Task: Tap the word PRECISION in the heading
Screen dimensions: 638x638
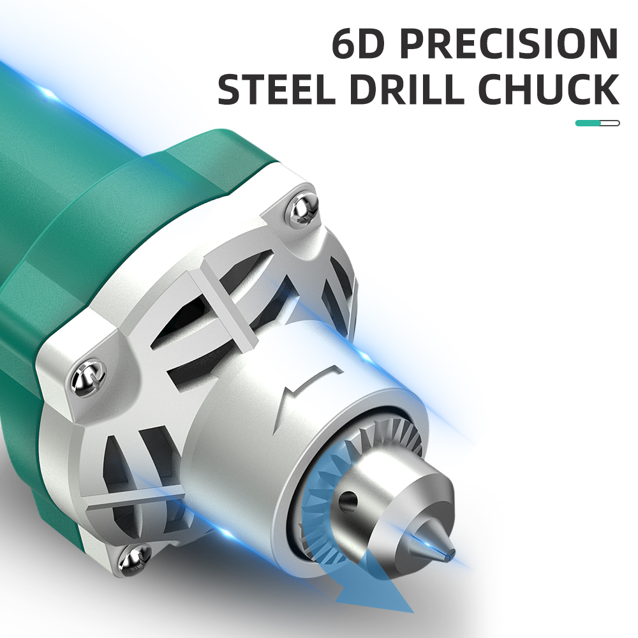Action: [x=509, y=43]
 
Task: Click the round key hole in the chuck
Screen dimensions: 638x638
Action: [x=348, y=500]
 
